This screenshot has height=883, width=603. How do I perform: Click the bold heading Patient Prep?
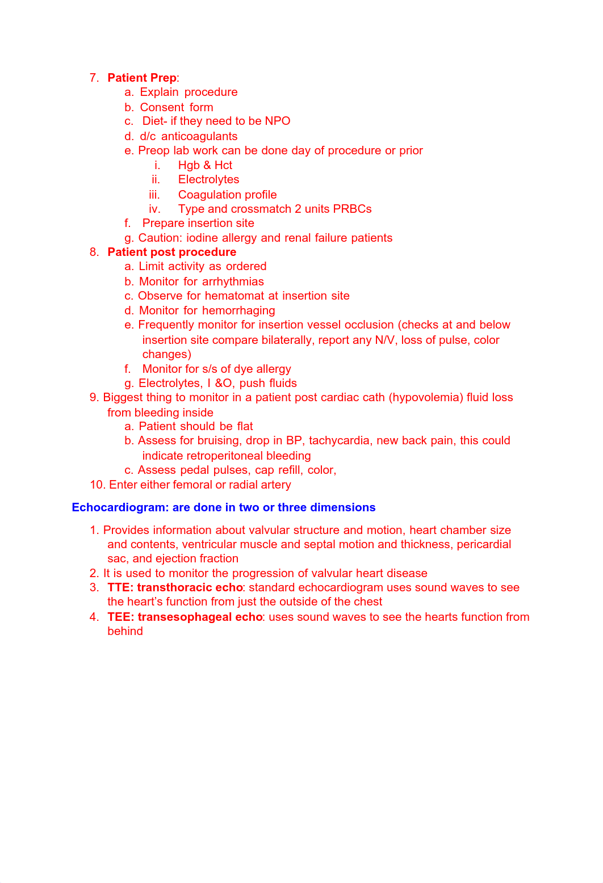(141, 78)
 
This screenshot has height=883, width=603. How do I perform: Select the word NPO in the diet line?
(277, 121)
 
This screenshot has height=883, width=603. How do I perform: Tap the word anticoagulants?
(199, 136)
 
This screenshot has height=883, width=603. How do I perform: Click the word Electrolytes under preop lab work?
(208, 179)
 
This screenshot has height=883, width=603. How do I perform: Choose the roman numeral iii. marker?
(154, 195)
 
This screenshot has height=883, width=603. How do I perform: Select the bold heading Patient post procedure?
(171, 252)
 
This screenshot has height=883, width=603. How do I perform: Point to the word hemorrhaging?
(238, 310)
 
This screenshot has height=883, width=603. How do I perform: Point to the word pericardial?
(484, 544)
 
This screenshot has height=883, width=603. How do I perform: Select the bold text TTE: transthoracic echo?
(175, 587)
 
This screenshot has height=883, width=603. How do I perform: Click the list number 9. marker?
(94, 397)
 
